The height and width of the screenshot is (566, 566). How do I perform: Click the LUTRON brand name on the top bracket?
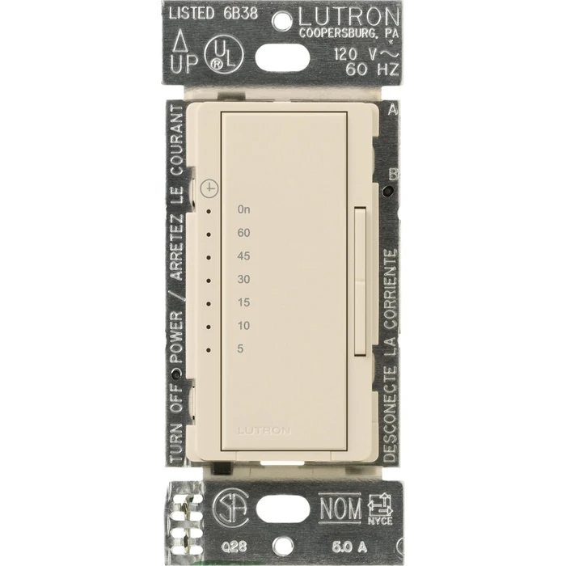tap(348, 16)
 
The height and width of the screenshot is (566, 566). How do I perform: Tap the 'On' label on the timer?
tap(243, 209)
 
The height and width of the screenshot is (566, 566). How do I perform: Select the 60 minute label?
tap(243, 233)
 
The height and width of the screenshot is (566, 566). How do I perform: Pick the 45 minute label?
tap(243, 256)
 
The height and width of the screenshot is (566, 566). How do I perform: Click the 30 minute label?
tap(243, 279)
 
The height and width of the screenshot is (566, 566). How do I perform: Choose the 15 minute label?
tap(243, 302)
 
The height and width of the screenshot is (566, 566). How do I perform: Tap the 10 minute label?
tap(243, 326)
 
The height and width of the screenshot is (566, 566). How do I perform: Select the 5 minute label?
tap(240, 348)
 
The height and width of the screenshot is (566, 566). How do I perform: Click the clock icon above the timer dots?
tap(211, 188)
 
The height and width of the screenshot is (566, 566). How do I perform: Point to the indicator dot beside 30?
tap(209, 281)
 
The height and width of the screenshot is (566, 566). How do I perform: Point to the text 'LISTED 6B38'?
tap(211, 14)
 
